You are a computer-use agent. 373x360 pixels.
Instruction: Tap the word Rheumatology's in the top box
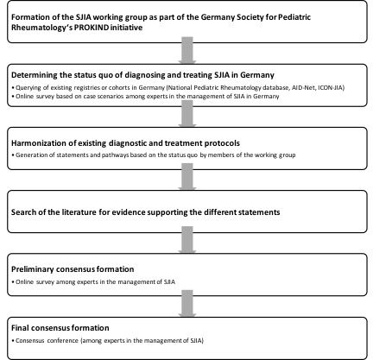[x=41, y=28]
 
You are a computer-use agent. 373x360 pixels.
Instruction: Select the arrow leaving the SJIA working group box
[x=187, y=50]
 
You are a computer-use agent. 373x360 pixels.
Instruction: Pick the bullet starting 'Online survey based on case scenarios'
[x=146, y=97]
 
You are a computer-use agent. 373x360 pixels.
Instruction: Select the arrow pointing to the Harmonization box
[x=187, y=114]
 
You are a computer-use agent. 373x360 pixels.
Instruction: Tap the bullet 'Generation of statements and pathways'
[x=154, y=155]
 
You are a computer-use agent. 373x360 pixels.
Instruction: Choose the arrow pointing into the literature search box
[x=187, y=177]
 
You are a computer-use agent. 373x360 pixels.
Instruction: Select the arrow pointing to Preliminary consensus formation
[x=187, y=240]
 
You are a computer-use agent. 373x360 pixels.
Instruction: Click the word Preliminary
[x=32, y=269]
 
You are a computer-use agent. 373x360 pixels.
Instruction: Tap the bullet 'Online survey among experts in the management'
[x=93, y=282]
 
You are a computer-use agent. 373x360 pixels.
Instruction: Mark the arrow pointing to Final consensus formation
[x=187, y=303]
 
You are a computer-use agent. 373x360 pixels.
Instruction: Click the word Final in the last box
[x=20, y=328]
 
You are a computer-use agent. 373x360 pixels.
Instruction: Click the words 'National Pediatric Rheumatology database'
[x=228, y=87]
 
